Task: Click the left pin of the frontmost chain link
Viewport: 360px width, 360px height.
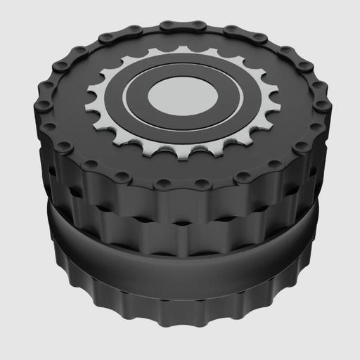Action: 163,184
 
